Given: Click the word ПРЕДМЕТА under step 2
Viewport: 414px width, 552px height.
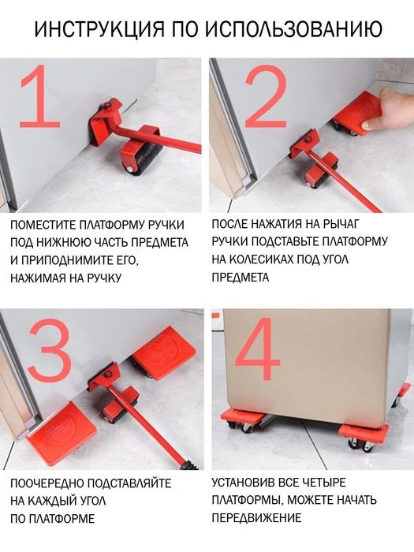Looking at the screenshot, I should [241, 277].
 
